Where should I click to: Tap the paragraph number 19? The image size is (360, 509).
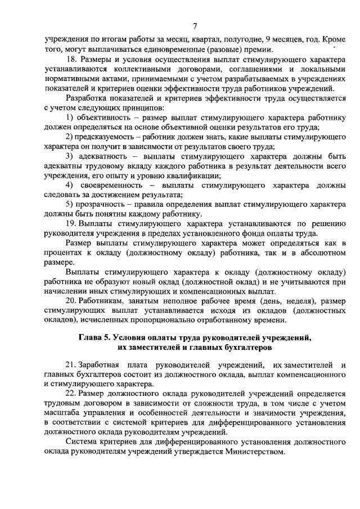coord(69,224)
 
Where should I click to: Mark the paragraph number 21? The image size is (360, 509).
coord(70,366)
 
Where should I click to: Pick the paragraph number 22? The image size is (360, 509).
coord(70,393)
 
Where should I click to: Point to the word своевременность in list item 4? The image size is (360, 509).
coord(108,185)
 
